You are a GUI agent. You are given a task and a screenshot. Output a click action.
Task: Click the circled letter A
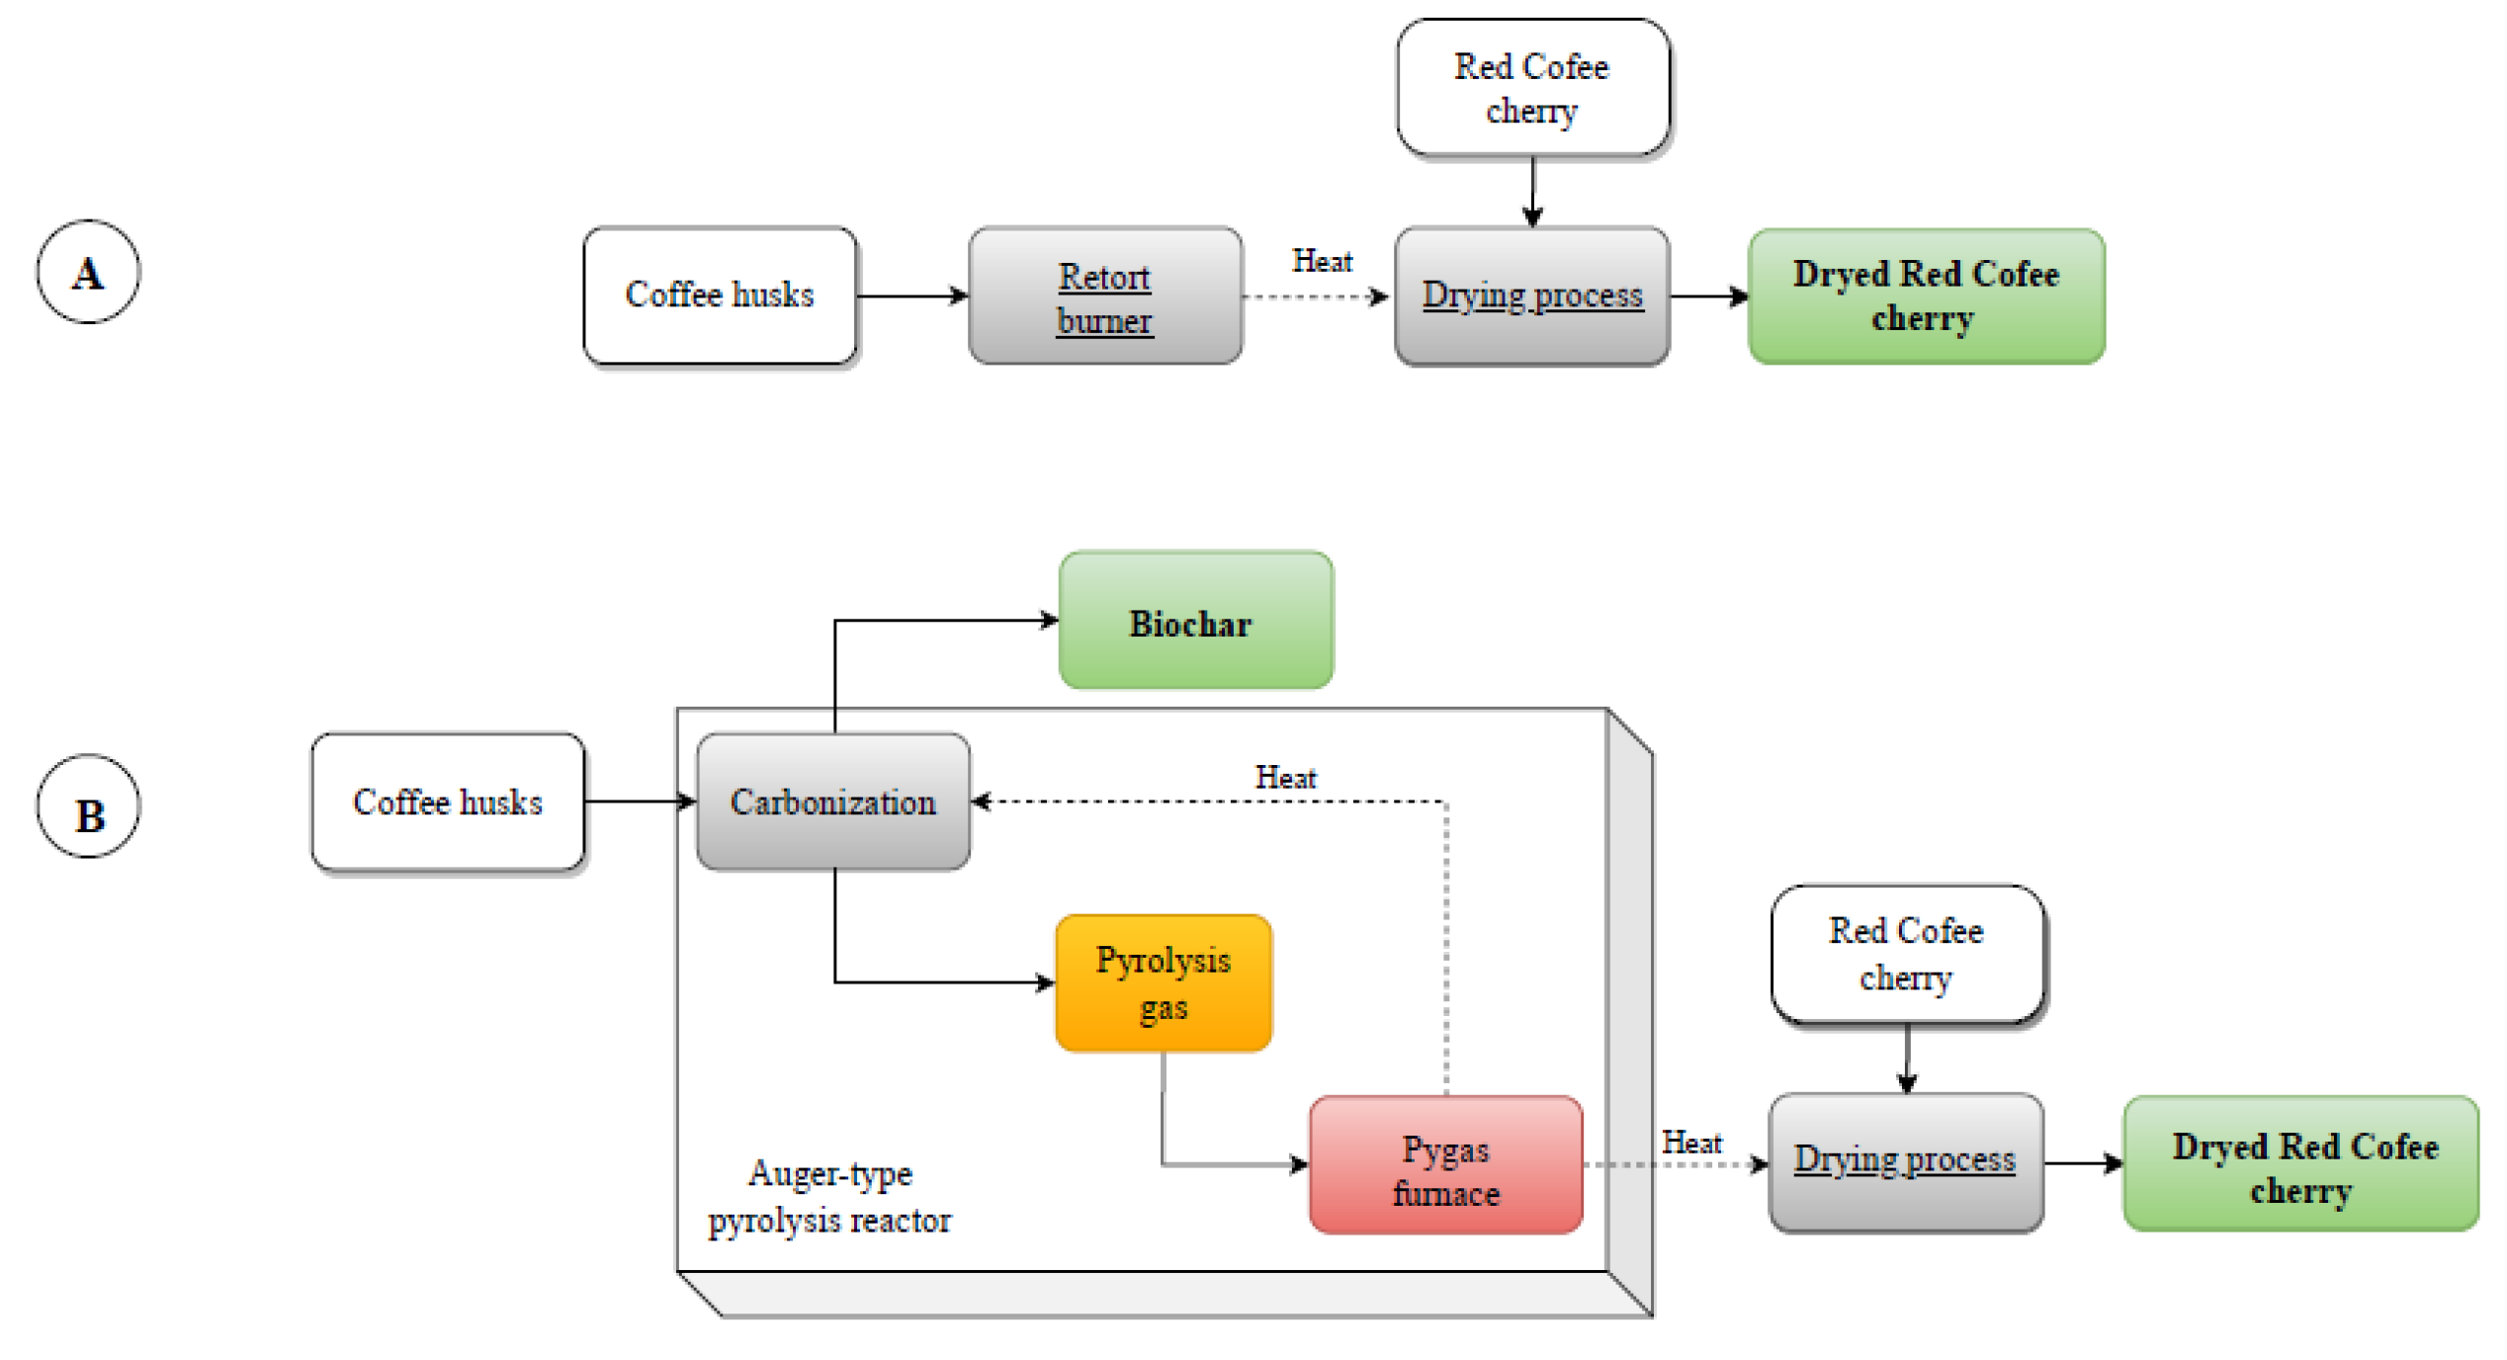tap(89, 272)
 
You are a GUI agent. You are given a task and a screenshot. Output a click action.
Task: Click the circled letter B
tap(89, 807)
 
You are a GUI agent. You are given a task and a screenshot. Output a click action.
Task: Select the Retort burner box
tap(1105, 296)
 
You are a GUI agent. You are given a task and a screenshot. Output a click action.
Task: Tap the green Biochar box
tap(1196, 620)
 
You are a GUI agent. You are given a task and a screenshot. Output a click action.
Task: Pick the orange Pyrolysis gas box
tap(1164, 983)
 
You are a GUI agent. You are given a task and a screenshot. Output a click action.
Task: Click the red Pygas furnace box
tap(1446, 1165)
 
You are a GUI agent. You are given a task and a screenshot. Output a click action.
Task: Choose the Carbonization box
tap(833, 802)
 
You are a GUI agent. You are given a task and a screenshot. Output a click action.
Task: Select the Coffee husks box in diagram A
tap(720, 296)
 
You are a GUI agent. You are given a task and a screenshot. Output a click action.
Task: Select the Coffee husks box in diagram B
tap(448, 802)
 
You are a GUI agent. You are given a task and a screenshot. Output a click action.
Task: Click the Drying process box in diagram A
tap(1532, 296)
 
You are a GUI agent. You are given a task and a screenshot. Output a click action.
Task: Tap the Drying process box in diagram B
tap(1906, 1162)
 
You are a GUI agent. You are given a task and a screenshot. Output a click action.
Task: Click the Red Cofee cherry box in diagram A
tap(1533, 87)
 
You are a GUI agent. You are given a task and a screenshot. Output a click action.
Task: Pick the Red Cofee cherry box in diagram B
tap(1908, 954)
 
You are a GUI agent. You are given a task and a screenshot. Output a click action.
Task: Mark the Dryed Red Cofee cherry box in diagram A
tap(1927, 297)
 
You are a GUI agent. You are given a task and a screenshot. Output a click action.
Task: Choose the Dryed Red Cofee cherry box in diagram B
tap(2301, 1163)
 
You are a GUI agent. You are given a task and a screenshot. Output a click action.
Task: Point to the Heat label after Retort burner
tap(1322, 261)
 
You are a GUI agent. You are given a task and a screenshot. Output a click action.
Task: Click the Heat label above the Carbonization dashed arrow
tap(1285, 778)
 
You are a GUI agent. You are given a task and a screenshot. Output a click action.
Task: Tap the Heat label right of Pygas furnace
tap(1691, 1143)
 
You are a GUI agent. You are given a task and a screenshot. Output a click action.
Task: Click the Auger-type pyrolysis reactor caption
tap(829, 1197)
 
